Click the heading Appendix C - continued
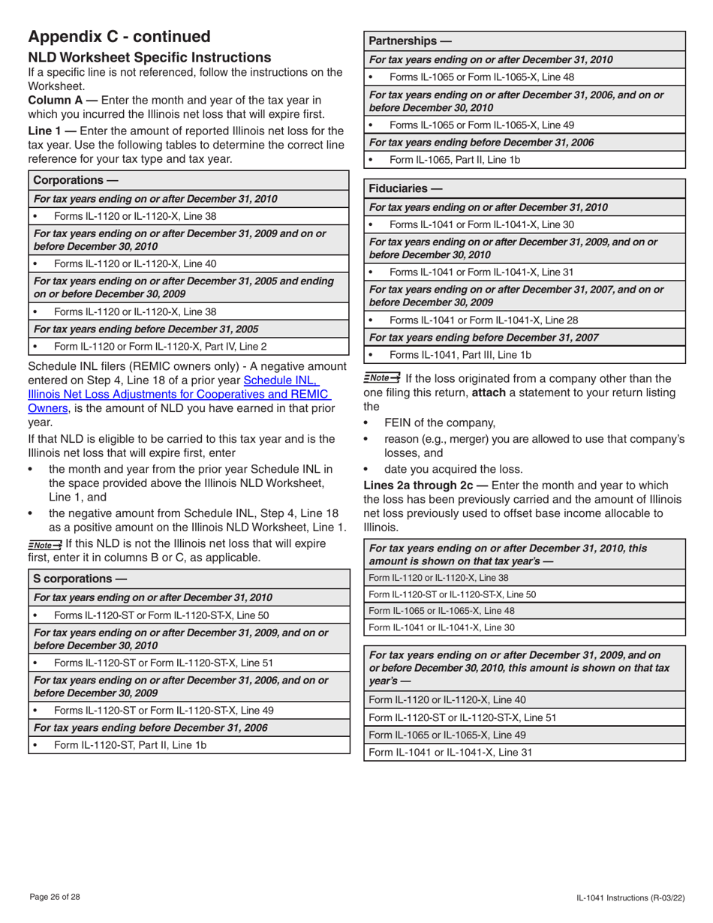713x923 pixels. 119,37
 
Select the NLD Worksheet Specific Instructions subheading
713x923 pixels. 149,58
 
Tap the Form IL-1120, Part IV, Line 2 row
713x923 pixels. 160,347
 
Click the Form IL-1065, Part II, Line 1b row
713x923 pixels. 455,160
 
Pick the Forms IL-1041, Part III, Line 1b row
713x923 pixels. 460,355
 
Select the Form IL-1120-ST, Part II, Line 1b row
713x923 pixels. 130,745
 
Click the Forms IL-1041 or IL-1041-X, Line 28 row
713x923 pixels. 484,320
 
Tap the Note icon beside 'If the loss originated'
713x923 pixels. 381,377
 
